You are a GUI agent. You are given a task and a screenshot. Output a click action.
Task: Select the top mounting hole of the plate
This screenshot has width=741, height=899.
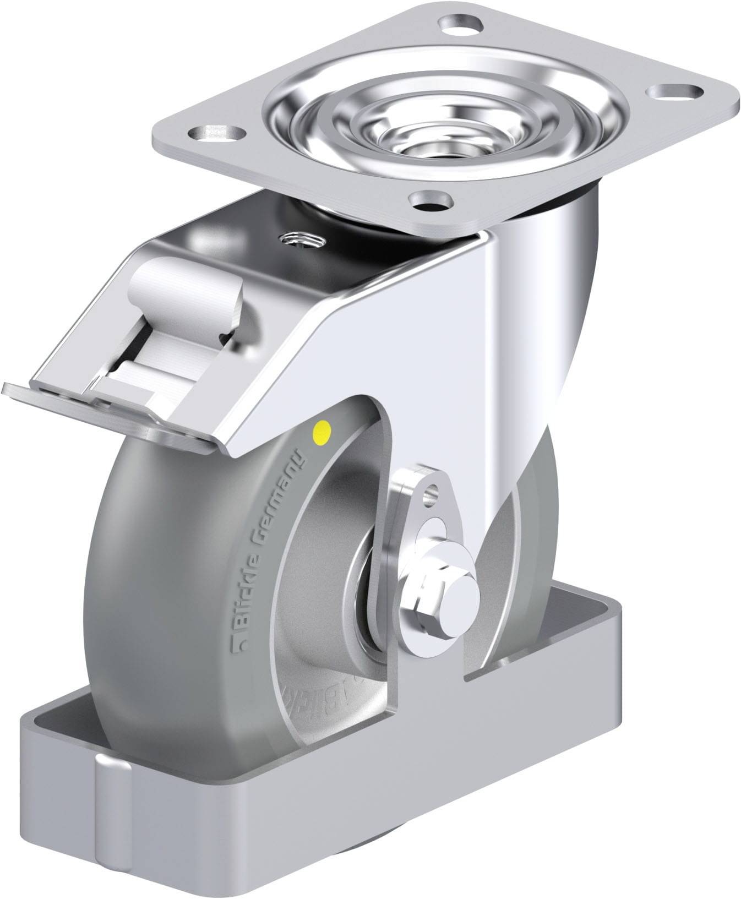pos(460,25)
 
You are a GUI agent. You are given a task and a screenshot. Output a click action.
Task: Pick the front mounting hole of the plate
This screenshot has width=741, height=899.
pos(432,201)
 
